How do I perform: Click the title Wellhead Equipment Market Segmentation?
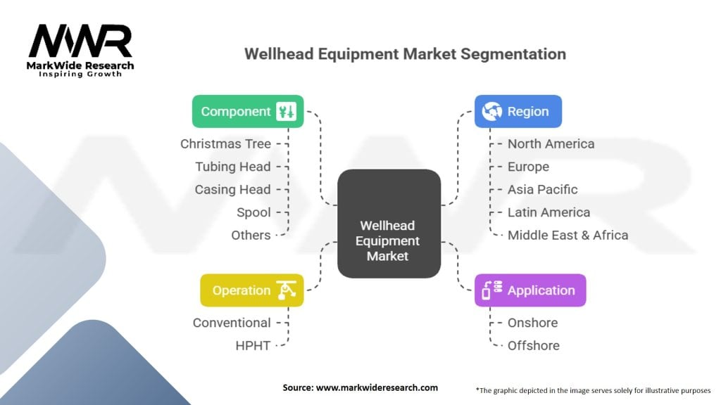(x=404, y=54)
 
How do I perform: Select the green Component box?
(x=248, y=111)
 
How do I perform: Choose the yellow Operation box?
(x=251, y=290)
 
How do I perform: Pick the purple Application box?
(x=529, y=290)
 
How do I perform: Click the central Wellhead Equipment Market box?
(x=387, y=240)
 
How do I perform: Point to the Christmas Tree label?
(x=225, y=143)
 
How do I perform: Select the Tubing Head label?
(x=232, y=167)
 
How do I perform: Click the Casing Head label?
(x=232, y=189)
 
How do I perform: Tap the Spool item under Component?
(x=253, y=212)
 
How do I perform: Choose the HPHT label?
(x=253, y=345)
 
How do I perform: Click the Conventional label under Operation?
(x=232, y=323)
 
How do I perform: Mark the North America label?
(x=551, y=143)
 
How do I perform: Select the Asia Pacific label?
(x=542, y=189)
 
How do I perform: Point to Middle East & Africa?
(x=568, y=235)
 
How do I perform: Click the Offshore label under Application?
(x=534, y=345)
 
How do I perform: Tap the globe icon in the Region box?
(x=491, y=111)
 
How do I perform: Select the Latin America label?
(x=548, y=212)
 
